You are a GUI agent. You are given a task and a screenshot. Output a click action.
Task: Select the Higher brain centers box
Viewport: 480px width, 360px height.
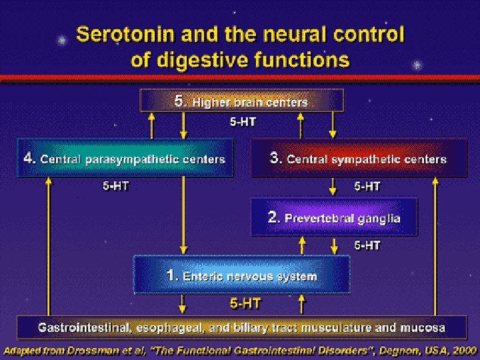(x=241, y=101)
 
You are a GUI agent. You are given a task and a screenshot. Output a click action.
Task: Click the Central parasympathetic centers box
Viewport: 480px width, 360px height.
(x=125, y=159)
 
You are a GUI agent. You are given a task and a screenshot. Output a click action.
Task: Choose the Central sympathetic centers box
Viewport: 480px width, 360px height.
(x=358, y=159)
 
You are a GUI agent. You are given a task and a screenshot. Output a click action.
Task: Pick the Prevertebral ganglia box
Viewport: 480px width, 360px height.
(x=334, y=217)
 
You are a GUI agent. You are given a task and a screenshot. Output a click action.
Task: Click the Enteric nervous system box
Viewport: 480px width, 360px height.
(x=242, y=275)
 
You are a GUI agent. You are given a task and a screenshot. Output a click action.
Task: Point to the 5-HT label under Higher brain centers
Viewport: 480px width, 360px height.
(x=243, y=122)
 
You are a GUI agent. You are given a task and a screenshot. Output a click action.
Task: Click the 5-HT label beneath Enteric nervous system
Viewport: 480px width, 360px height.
(x=245, y=303)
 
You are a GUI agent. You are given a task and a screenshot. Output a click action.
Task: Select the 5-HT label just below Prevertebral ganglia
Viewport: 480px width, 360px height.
(x=367, y=245)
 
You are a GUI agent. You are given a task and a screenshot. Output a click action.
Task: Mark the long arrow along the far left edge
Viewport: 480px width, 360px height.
(x=48, y=247)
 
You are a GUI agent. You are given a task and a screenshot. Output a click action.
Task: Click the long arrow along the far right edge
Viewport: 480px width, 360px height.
(x=436, y=247)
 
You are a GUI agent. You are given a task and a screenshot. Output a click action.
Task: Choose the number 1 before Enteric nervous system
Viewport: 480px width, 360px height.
(x=172, y=275)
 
